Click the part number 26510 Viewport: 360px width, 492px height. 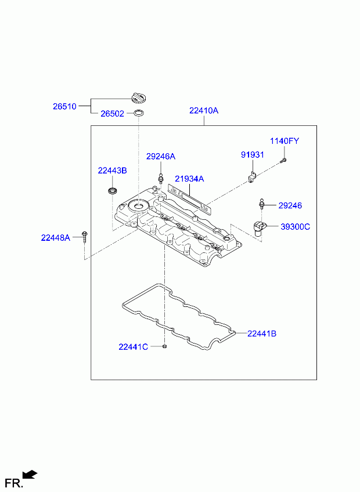pyautogui.click(x=64, y=106)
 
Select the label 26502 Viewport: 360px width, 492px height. pyautogui.click(x=112, y=114)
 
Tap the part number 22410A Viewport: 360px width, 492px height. pyautogui.click(x=204, y=110)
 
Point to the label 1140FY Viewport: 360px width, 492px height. pyautogui.click(x=285, y=141)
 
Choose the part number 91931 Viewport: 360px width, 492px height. pyautogui.click(x=252, y=155)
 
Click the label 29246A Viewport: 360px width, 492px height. pyautogui.click(x=160, y=156)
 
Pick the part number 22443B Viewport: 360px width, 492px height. pyautogui.click(x=112, y=171)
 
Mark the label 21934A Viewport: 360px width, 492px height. pyautogui.click(x=189, y=179)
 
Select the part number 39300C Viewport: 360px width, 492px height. pyautogui.click(x=295, y=226)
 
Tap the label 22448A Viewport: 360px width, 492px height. pyautogui.click(x=55, y=238)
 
